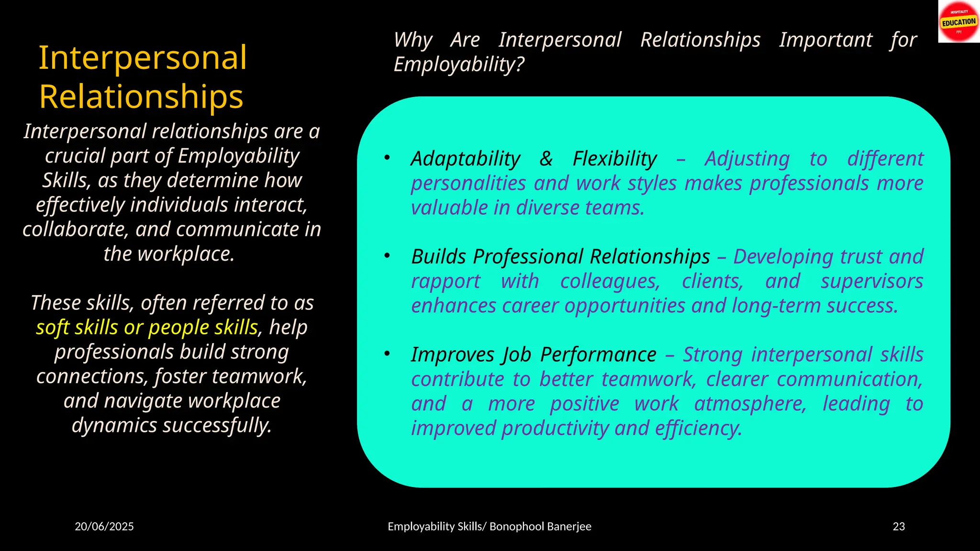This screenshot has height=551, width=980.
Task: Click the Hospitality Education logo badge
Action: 958,22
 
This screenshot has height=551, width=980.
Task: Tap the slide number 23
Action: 899,527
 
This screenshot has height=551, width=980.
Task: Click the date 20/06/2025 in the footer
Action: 104,527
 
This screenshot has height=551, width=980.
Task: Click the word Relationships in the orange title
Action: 141,97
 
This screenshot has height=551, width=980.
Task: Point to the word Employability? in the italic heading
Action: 459,65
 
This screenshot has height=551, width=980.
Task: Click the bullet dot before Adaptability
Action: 387,157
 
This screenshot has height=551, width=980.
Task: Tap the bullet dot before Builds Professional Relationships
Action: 387,255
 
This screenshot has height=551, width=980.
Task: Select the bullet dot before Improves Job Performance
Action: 387,353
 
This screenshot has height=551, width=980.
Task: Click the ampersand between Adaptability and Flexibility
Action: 546,159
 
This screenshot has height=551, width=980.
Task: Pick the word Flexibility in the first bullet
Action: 615,159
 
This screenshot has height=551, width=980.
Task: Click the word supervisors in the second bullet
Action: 872,281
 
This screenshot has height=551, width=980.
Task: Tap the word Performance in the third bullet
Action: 598,355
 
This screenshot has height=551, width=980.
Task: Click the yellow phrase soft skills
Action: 77,328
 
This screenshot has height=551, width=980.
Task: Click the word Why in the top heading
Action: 413,40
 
